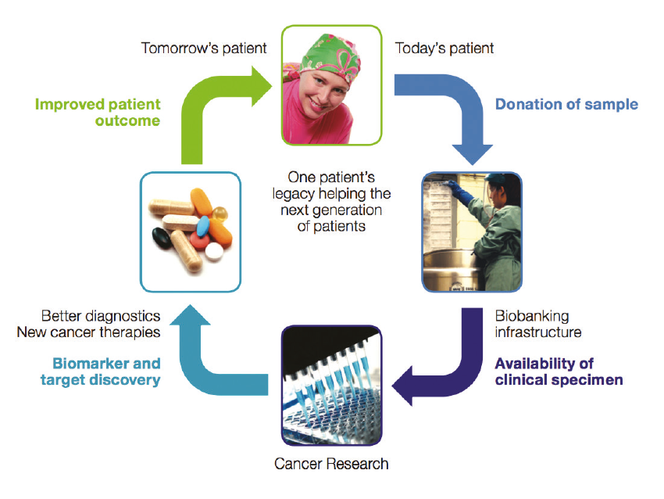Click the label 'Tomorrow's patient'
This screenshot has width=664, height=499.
click(203, 48)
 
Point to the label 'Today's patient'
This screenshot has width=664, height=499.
click(444, 48)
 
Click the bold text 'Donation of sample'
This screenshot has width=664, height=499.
click(566, 104)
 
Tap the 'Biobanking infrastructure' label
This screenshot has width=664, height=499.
click(537, 324)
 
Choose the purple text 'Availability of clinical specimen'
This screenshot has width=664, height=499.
click(559, 372)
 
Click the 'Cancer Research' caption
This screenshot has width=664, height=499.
click(331, 464)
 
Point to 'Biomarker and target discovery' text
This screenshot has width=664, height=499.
click(106, 372)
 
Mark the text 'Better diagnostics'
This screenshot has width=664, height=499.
click(101, 317)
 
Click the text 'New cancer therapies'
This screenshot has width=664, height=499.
click(88, 332)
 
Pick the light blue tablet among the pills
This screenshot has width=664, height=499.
click(203, 227)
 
